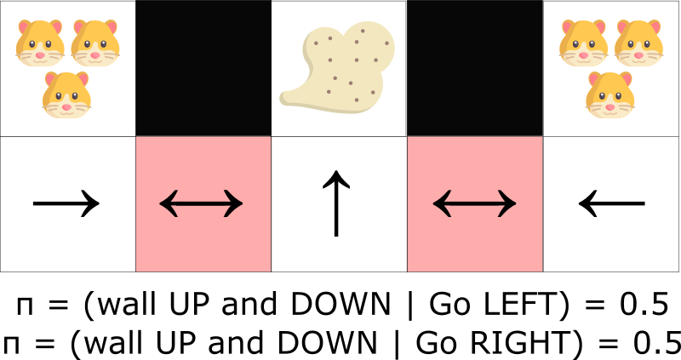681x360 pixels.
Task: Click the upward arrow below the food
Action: click(336, 203)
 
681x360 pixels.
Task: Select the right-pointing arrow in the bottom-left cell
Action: click(66, 203)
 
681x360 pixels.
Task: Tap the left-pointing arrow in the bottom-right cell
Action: click(612, 203)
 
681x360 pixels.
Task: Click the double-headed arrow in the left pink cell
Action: click(201, 203)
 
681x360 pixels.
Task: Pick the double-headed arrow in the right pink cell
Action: click(475, 203)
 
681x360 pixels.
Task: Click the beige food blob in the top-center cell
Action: click(340, 67)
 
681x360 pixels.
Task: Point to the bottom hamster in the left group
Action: click(66, 94)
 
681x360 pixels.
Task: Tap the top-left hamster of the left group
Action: click(40, 43)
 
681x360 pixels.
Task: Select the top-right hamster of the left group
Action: click(95, 43)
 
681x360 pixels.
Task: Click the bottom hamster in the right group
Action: click(610, 94)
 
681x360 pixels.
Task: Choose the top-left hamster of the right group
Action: click(583, 43)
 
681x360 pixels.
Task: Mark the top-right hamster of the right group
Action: click(638, 43)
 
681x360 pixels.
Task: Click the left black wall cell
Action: click(203, 68)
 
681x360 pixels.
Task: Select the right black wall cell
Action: click(475, 68)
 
